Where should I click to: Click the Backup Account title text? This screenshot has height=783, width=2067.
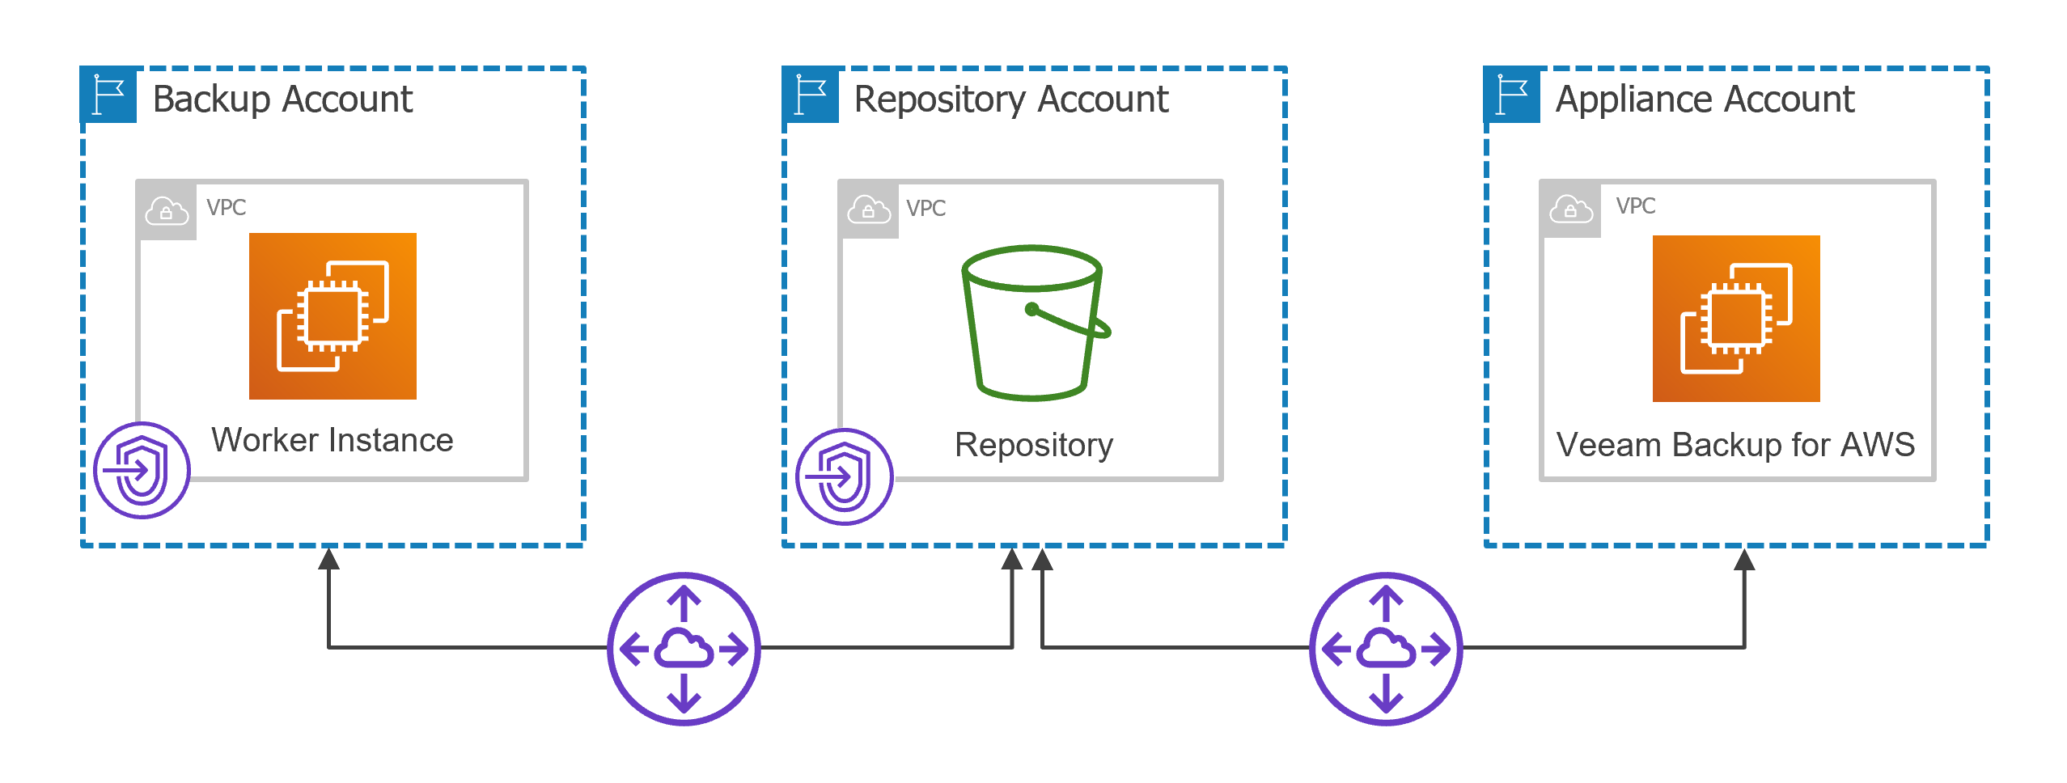coord(282,99)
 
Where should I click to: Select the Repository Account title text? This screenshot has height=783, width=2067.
coord(1011,100)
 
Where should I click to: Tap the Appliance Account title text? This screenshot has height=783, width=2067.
coord(1705,100)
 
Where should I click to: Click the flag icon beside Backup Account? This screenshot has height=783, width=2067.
coord(108,95)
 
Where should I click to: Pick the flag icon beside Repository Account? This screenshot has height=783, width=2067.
coord(811,95)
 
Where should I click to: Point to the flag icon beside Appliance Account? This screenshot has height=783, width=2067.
coord(1512,95)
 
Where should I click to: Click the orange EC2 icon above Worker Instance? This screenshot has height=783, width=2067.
coord(332,316)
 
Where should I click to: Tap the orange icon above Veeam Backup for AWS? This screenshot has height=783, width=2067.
coord(1736,319)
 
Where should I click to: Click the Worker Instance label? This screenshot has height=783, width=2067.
coord(332,440)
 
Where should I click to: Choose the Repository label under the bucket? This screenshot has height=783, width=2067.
coord(1034,445)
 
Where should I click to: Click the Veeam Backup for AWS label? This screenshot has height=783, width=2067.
coord(1736,445)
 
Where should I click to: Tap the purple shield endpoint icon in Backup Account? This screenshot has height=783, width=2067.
coord(142,470)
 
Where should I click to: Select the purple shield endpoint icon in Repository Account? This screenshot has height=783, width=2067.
coord(845,476)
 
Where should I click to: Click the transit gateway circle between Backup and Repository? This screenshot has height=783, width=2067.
coord(684,649)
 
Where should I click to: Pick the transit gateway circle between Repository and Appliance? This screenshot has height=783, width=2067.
coord(1387,649)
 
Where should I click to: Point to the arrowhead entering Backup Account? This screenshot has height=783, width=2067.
coord(328,558)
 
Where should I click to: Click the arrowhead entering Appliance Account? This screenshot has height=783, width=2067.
coord(1744,558)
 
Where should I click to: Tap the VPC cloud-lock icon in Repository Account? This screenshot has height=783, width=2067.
coord(869,210)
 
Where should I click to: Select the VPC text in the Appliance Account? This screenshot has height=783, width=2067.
coord(1636,206)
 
